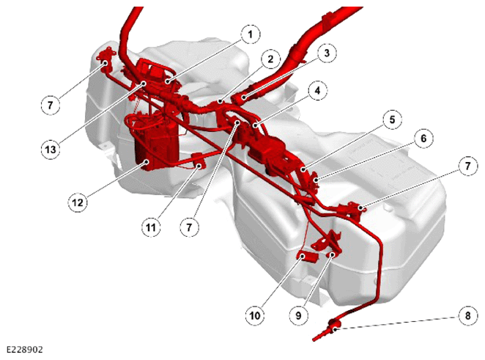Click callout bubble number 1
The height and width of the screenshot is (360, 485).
pyautogui.click(x=251, y=34)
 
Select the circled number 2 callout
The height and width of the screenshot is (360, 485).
pyautogui.click(x=270, y=59)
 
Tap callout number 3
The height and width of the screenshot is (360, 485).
pyautogui.click(x=327, y=53)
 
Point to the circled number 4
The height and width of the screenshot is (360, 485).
pyautogui.click(x=317, y=91)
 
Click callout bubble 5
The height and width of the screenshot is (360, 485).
pyautogui.click(x=392, y=120)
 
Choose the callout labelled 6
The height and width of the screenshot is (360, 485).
pyautogui.click(x=423, y=138)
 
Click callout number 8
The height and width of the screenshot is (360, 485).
pyautogui.click(x=467, y=316)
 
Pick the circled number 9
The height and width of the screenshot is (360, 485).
pyautogui.click(x=298, y=316)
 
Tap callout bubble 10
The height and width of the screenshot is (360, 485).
pyautogui.click(x=255, y=316)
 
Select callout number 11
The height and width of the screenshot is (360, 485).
pyautogui.click(x=151, y=227)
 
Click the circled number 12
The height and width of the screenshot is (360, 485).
pyautogui.click(x=78, y=202)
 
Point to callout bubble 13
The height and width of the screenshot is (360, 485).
pyautogui.click(x=51, y=150)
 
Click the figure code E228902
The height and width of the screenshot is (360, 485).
pyautogui.click(x=24, y=350)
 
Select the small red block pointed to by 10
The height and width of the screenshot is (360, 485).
pyautogui.click(x=308, y=257)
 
